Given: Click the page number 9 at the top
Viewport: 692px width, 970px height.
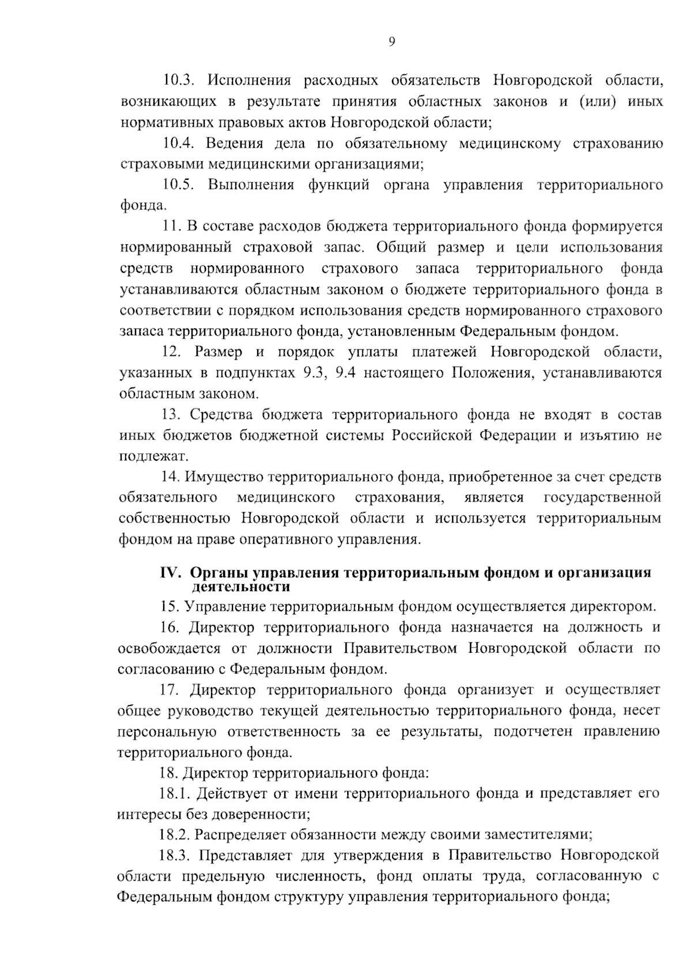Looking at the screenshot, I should pos(392,42).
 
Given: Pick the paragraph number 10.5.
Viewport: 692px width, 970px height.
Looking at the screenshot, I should pos(180,185).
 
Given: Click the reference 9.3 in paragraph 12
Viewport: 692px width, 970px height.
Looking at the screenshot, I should pos(314,373).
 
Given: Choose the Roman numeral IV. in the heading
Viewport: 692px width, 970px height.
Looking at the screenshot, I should pos(171,573).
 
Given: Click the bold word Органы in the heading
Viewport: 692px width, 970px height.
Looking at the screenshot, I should pos(216,573).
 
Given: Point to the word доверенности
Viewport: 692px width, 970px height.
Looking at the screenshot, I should pos(261,814).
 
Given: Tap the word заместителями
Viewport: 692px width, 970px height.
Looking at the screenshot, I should pos(537,834).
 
